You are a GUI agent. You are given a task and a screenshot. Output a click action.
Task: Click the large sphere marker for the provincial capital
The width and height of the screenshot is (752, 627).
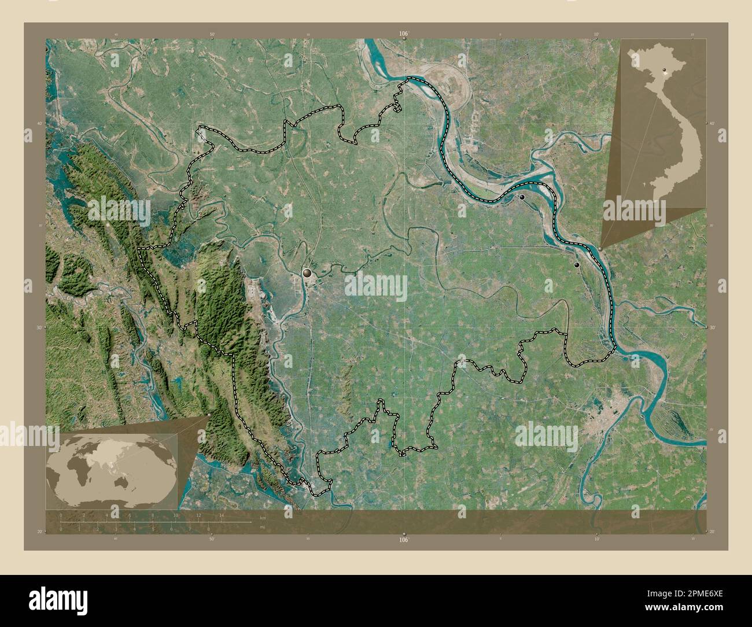click(307, 272)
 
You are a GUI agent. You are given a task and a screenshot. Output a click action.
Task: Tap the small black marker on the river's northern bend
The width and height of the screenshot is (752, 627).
click(522, 197)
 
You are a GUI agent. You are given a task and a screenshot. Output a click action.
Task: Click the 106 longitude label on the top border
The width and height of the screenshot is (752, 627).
click(403, 34)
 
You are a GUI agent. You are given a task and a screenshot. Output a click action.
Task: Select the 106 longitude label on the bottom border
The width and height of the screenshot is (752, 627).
click(403, 539)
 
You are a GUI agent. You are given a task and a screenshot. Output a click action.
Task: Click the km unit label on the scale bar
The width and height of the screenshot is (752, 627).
click(263, 517)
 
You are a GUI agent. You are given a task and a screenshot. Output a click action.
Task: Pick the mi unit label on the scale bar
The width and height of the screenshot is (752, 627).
click(263, 528)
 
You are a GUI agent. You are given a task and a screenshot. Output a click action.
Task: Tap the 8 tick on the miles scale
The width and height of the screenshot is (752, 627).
click(208, 529)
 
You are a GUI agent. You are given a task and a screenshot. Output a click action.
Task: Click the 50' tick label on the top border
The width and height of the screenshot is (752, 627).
click(212, 35)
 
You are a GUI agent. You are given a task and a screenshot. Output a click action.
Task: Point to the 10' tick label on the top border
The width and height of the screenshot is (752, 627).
click(596, 35)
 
